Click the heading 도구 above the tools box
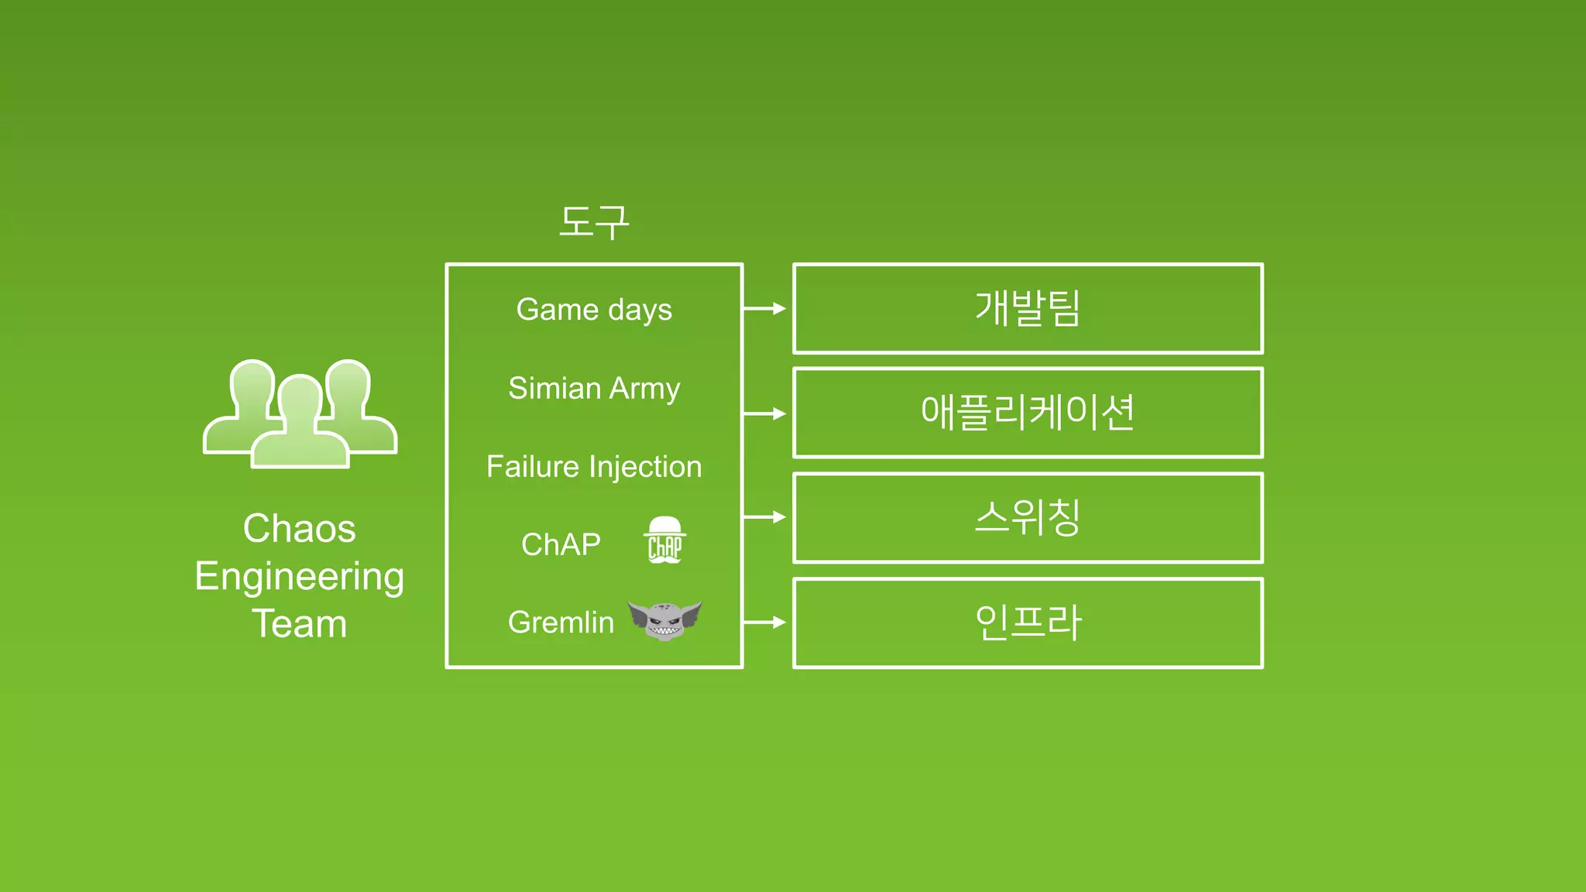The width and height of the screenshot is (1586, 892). click(x=594, y=222)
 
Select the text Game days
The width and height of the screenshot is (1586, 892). click(x=594, y=310)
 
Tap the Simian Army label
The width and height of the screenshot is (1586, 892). click(x=594, y=388)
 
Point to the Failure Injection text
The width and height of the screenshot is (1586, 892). click(x=594, y=467)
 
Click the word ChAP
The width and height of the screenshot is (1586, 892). click(x=561, y=544)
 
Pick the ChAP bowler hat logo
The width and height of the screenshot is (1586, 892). click(x=664, y=540)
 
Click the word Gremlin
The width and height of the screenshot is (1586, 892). click(x=561, y=623)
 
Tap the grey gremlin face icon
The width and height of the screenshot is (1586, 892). click(x=664, y=620)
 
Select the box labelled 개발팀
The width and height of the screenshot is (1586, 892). click(x=1028, y=308)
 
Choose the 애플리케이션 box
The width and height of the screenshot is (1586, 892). click(x=1028, y=413)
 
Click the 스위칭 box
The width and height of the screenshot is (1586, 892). click(x=1028, y=517)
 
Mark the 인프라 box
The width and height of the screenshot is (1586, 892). click(x=1028, y=623)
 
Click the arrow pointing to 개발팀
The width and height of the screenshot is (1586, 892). click(x=765, y=308)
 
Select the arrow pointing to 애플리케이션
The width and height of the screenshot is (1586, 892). click(x=765, y=413)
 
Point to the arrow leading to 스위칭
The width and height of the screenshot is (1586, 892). click(x=765, y=516)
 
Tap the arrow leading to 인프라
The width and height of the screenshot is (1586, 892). click(x=765, y=622)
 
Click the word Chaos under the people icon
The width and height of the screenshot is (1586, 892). click(x=300, y=529)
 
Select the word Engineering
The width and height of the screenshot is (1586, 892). click(x=300, y=577)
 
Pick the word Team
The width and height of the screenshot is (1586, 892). click(x=300, y=624)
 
